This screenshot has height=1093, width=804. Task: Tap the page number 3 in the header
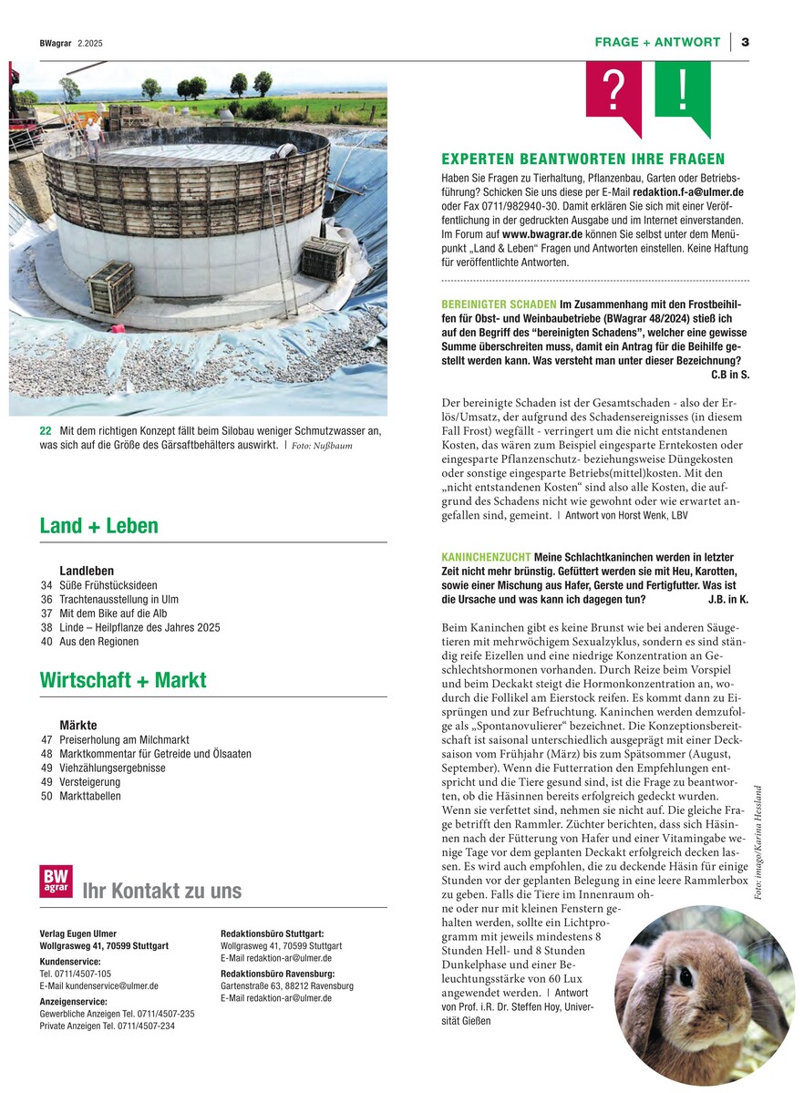pos(745,42)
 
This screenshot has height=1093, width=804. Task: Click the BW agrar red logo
pos(56,882)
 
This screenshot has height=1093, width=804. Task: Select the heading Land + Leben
pos(98,526)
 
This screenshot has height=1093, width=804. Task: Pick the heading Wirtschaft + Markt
pos(123,680)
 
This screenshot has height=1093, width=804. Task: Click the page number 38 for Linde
pos(46,627)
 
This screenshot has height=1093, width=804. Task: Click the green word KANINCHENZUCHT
pos(485,557)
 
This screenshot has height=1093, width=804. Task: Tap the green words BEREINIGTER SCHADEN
pos(499,304)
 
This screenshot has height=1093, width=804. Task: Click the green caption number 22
pos(45,430)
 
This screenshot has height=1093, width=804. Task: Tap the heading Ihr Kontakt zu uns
pos(162,891)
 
